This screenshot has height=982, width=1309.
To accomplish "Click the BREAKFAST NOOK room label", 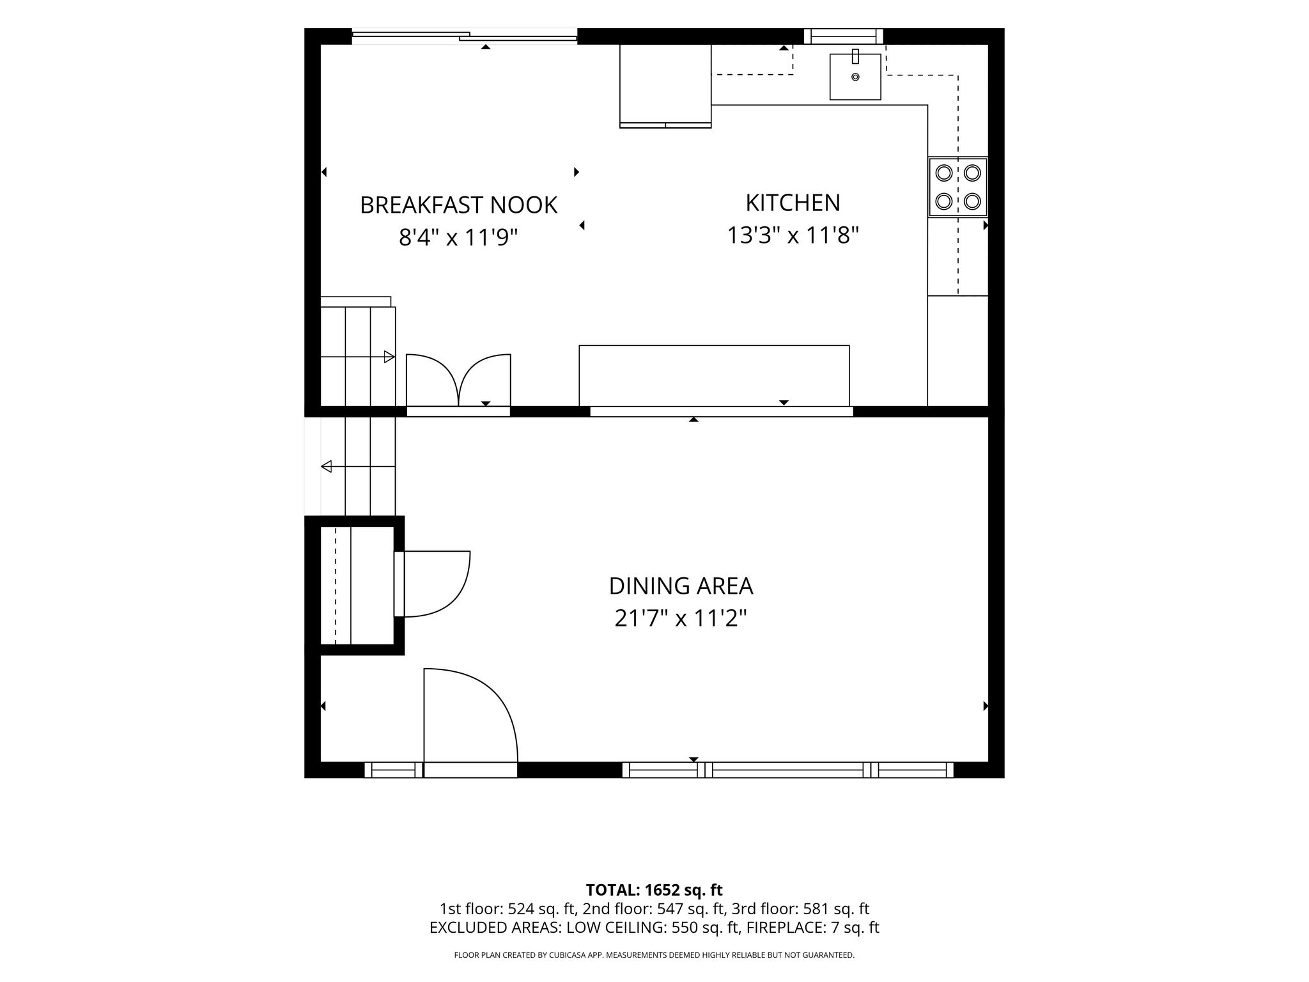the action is [458, 205].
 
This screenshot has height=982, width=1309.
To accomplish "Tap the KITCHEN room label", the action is [793, 203].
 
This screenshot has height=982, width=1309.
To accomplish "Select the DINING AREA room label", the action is [681, 586].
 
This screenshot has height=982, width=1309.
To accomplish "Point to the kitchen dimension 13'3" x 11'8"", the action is [793, 235].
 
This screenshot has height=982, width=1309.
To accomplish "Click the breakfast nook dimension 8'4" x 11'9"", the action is [458, 237].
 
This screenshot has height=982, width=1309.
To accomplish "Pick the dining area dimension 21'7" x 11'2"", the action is [681, 618].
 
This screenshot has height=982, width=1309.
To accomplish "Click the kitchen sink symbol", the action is [855, 76].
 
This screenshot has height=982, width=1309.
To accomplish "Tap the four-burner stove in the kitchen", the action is [958, 187].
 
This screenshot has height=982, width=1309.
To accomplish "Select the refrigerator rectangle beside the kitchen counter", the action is [665, 86].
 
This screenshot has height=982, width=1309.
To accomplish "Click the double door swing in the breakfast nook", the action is [458, 380].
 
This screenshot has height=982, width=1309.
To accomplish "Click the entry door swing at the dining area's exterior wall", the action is [470, 715].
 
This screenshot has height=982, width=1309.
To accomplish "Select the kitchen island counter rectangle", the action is [714, 376].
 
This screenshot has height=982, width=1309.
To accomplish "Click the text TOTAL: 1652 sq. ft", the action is [654, 890].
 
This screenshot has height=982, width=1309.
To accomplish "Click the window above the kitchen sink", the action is [843, 36].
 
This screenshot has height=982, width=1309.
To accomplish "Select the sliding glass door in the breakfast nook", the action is [464, 37].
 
